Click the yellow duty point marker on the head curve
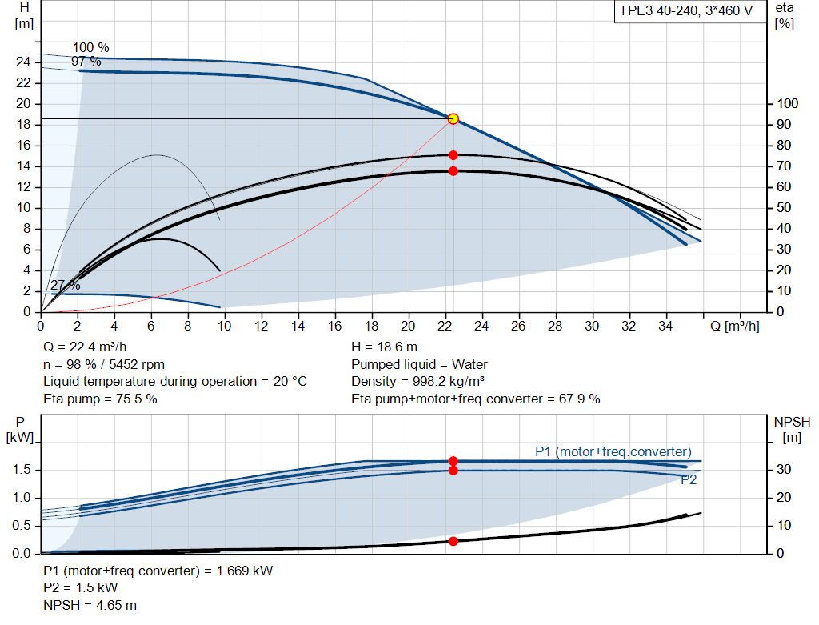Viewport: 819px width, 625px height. click(x=453, y=118)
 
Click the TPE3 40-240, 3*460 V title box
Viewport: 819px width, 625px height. click(x=685, y=13)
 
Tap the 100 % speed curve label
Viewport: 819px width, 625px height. click(x=90, y=48)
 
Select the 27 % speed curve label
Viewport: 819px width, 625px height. click(x=65, y=286)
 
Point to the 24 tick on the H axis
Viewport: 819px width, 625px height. click(x=24, y=62)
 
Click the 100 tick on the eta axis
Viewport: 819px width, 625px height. click(x=788, y=104)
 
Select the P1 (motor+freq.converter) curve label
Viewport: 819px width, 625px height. click(x=613, y=452)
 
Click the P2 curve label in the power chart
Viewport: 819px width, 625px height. click(x=689, y=481)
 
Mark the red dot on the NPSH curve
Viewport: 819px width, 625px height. click(x=453, y=541)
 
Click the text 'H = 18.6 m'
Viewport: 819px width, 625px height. click(x=384, y=347)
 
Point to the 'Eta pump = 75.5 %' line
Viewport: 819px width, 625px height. click(x=99, y=399)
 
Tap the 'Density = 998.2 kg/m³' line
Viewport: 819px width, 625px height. click(x=418, y=382)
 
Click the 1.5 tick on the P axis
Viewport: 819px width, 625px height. click(x=23, y=470)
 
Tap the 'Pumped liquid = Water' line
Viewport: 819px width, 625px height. click(x=419, y=365)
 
